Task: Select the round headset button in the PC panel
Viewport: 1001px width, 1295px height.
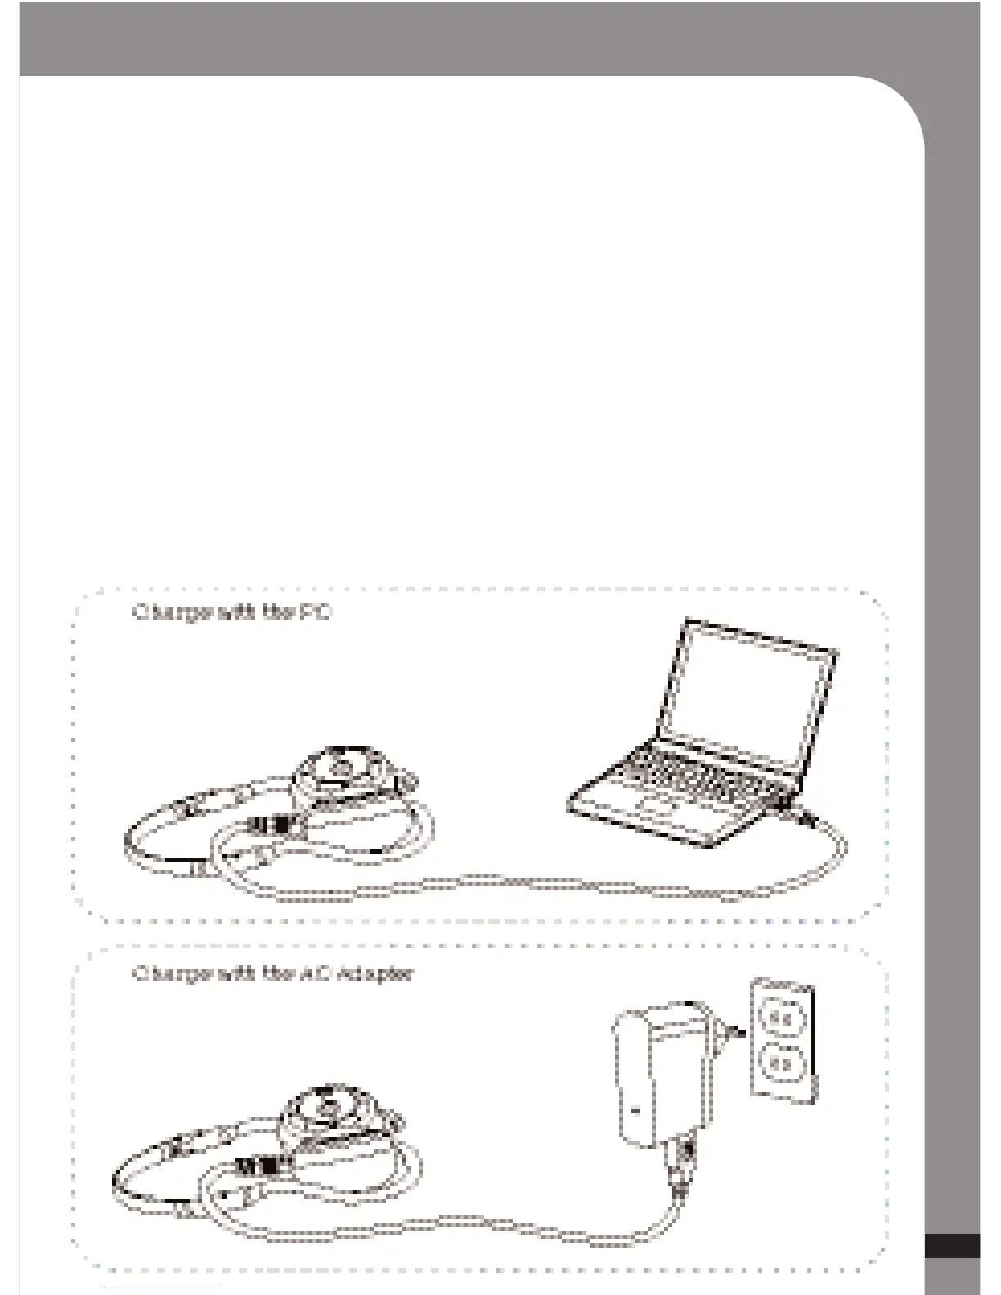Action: [x=343, y=767]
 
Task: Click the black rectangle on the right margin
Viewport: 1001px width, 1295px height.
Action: [x=952, y=1246]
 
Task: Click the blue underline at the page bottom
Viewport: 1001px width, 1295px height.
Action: [x=162, y=1288]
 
